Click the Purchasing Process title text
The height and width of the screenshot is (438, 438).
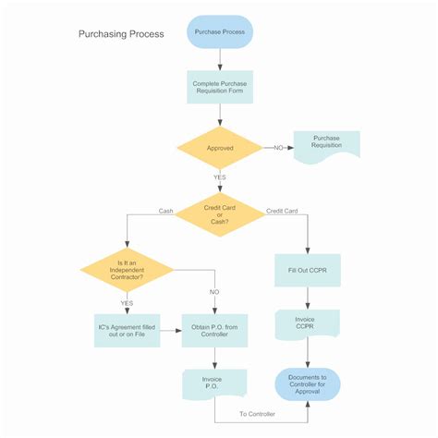[x=121, y=34]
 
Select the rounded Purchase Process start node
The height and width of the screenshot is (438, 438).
[x=220, y=32]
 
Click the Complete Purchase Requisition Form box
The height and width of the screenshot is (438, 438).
[x=220, y=87]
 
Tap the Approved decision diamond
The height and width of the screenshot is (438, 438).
[x=220, y=147]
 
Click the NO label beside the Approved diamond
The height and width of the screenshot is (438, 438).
[x=278, y=147]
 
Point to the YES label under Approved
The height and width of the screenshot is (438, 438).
[x=220, y=177]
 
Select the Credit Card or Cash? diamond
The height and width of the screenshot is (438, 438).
[x=220, y=213]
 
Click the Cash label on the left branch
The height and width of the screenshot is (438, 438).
[x=165, y=211]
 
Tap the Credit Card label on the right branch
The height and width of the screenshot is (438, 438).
[x=282, y=211]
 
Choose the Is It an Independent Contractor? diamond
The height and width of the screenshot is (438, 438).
[x=127, y=270]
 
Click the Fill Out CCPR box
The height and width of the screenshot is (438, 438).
[x=307, y=270]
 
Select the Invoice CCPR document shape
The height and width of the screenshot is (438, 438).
[x=307, y=323]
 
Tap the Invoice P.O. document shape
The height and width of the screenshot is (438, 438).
[x=214, y=382]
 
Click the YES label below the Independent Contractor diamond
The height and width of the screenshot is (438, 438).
[x=127, y=302]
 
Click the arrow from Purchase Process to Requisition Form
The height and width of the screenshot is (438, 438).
[x=220, y=59]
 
